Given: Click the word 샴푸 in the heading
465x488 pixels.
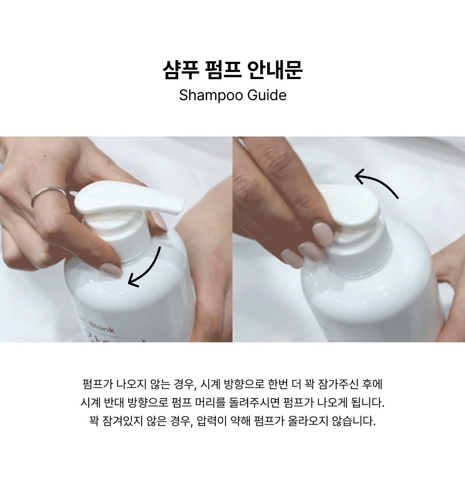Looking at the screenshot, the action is click(x=181, y=69).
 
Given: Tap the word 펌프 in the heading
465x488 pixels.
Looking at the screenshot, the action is click(x=223, y=69).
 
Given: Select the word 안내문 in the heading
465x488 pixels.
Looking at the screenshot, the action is click(x=275, y=69).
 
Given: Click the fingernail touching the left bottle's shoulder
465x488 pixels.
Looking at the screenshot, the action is click(x=111, y=270).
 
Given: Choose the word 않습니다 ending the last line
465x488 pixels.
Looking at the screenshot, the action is click(x=354, y=421).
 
